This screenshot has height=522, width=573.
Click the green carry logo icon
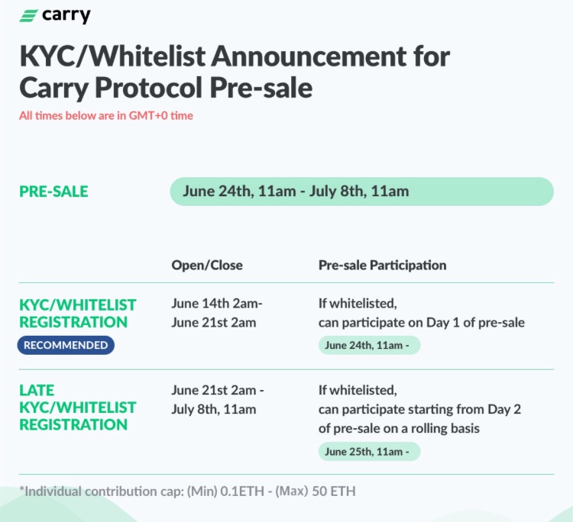point(28,16)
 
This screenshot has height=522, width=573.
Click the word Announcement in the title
point(309,56)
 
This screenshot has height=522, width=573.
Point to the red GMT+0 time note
point(106,116)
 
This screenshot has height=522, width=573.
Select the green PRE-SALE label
point(53,192)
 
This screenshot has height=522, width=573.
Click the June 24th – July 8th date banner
point(362,192)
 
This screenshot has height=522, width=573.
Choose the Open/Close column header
point(207,265)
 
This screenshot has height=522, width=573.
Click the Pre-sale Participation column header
point(382,265)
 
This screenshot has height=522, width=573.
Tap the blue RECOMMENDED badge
point(66,345)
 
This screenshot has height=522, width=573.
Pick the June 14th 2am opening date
point(217,303)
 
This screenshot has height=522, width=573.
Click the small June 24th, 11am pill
point(369,345)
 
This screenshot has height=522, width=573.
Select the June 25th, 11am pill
point(369,452)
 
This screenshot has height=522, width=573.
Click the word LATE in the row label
point(37,390)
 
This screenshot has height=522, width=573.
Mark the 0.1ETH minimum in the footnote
point(242,491)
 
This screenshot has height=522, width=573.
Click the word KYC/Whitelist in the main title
point(112,56)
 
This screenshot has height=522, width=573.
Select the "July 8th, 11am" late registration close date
point(214,409)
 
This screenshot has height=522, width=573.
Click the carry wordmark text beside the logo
point(66,16)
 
